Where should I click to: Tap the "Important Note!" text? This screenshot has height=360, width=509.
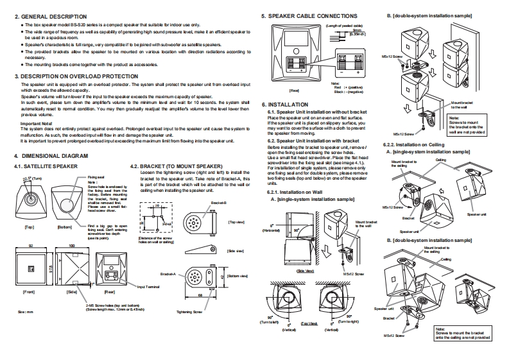coord(35,124)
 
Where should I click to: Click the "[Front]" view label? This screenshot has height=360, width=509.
coord(29,291)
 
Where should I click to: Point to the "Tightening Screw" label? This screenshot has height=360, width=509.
coord(189,311)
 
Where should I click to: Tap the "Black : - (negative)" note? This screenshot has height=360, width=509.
coord(345,92)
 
